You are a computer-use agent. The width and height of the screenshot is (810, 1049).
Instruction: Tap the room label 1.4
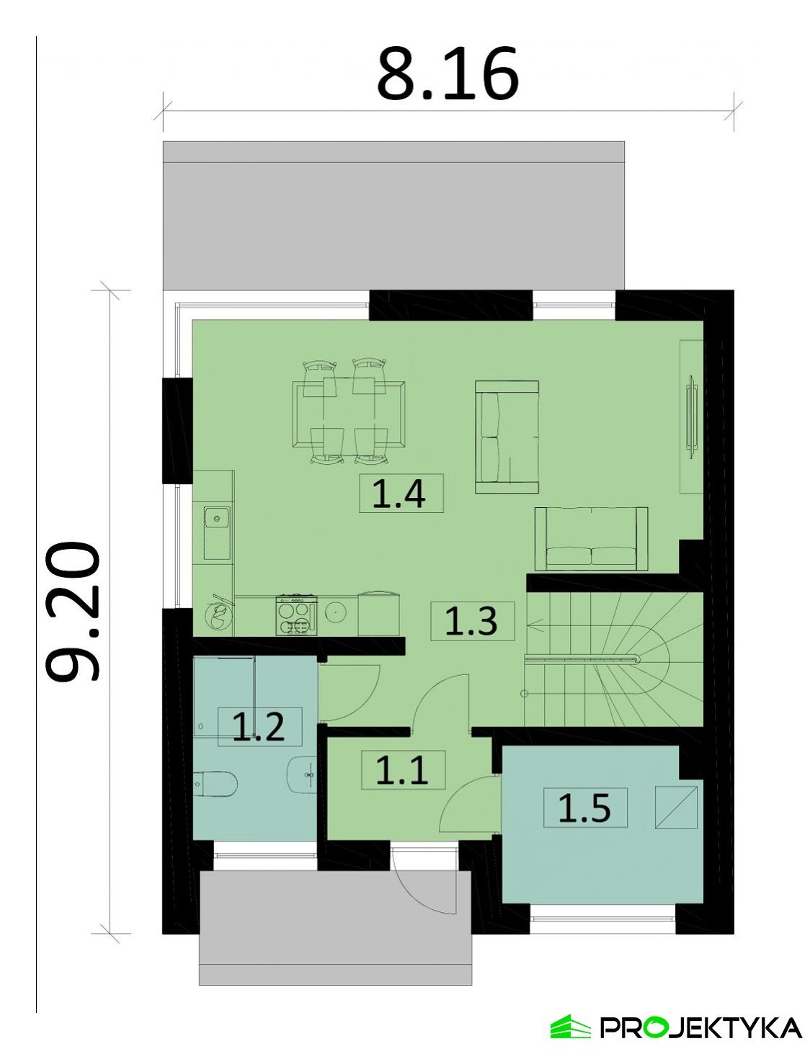coord(400,494)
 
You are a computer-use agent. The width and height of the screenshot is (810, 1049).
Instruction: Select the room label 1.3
coord(472,621)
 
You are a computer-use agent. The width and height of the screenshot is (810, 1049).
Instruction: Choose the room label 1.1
coord(402,770)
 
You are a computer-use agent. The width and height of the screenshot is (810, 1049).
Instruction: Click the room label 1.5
coord(584,808)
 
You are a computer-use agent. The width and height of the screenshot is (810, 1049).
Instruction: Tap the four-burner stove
coord(296,615)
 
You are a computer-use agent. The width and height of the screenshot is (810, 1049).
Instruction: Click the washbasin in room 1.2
coord(303,776)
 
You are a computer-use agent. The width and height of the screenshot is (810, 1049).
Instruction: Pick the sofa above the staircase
coord(591,539)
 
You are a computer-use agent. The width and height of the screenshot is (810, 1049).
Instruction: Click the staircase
coord(613,659)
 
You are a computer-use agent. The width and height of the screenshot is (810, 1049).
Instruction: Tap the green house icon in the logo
coord(570,1025)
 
